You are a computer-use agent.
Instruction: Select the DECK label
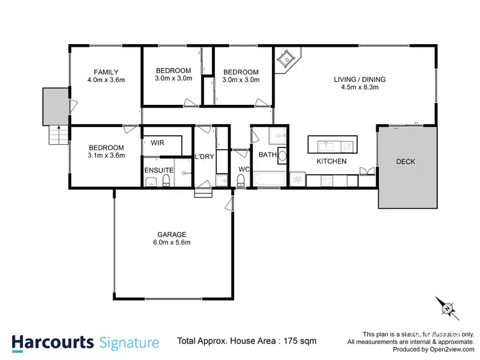[406, 161]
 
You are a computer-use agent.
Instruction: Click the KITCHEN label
[332, 161]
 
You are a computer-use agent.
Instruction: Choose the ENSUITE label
[157, 169]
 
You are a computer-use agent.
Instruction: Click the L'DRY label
[204, 157]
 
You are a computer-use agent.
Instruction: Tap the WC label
[243, 169]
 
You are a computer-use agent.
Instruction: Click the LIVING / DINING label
[360, 80]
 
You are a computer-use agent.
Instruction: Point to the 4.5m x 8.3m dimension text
[360, 88]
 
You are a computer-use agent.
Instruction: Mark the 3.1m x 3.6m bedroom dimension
[106, 155]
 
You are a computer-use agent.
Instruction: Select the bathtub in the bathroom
[268, 179]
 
